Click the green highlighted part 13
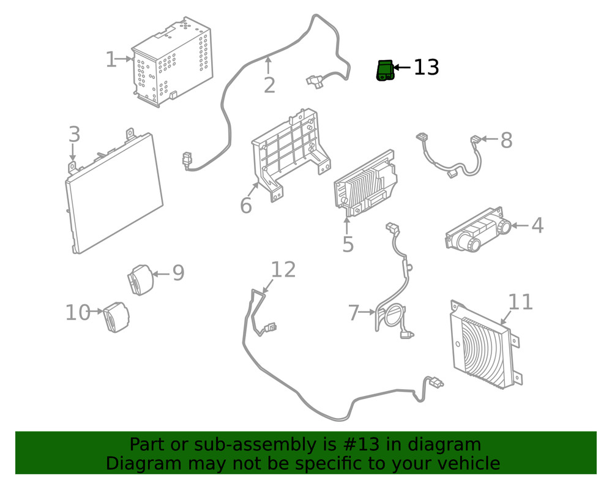pos(385,70)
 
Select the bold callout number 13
pos(426,67)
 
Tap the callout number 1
pos(111,60)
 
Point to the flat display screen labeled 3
pos(114,195)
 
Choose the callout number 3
pos(74,134)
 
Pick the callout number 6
pos(245,206)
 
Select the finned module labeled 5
pos(365,184)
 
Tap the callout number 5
pos(348,245)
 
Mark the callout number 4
pos(537,226)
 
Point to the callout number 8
pos(506,141)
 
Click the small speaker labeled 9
pos(140,280)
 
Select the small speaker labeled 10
pos(116,318)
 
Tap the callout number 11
pos(520,302)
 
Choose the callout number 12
pos(283,270)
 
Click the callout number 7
pos(354,313)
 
